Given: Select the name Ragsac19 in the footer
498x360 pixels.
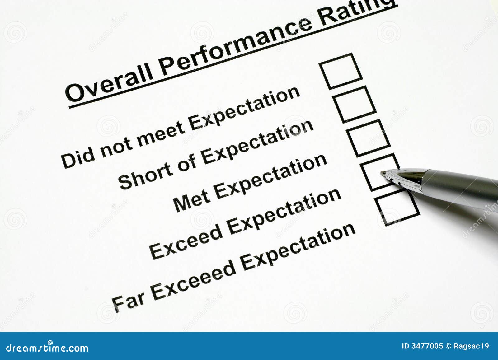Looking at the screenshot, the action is coord(471,346).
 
